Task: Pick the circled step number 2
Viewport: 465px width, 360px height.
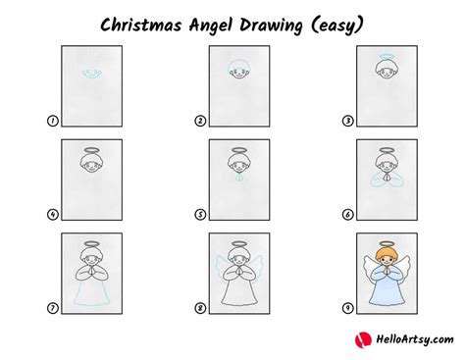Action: pos(199,121)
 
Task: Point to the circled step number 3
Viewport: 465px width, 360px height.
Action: pos(347,121)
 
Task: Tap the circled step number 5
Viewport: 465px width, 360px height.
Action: pos(199,214)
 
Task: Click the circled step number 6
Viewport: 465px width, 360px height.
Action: pos(347,214)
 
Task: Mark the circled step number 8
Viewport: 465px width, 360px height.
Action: pos(199,307)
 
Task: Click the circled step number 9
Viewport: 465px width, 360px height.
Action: pos(347,307)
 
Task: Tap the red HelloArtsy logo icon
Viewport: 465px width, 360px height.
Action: pos(360,339)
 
